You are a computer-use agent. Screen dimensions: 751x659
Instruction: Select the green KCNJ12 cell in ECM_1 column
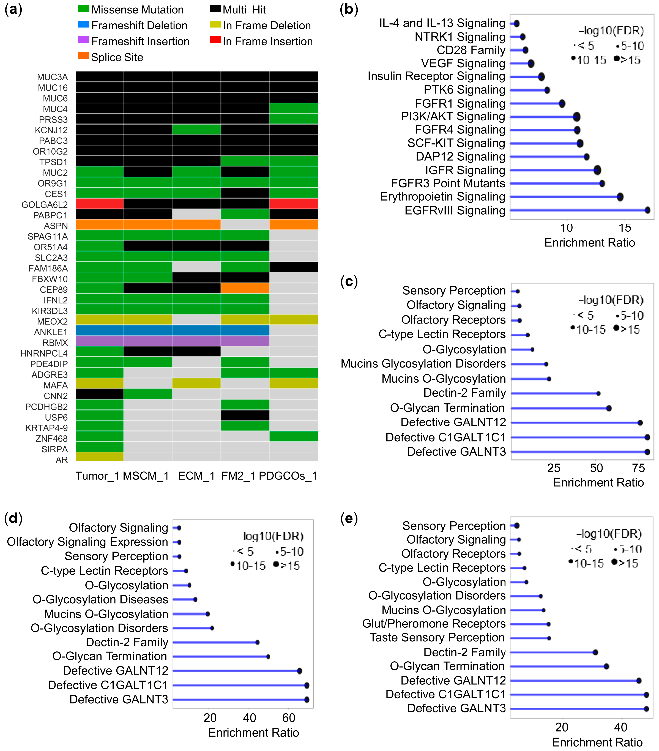(196, 129)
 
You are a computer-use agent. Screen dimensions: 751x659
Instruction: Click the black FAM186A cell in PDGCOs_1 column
(294, 267)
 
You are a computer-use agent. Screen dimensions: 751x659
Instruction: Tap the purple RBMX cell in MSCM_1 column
(147, 341)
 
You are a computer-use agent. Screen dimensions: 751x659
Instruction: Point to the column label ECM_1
(196, 476)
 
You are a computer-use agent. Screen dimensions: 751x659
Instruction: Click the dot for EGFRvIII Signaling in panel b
(647, 210)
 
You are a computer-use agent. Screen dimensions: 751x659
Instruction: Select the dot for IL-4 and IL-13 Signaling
(516, 24)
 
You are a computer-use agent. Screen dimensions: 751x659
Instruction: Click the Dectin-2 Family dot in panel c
(598, 393)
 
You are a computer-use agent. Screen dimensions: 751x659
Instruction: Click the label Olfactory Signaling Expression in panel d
(87, 542)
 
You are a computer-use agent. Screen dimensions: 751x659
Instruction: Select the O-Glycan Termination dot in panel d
(268, 657)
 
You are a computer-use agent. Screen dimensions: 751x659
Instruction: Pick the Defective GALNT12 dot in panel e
(639, 681)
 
